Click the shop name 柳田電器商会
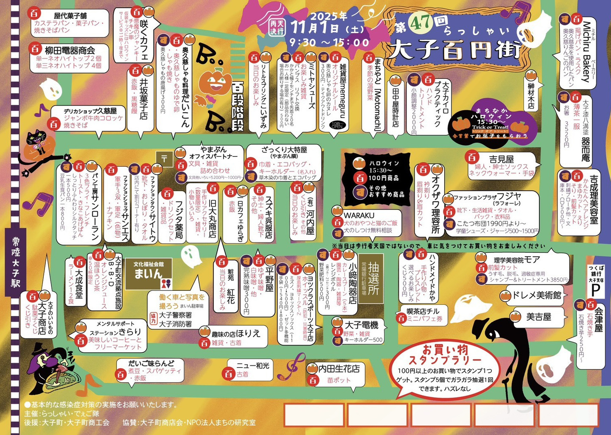(70, 50)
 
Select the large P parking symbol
(595, 290)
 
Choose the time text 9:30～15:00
(329, 42)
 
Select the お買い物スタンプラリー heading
(445, 355)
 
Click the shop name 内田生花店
(339, 369)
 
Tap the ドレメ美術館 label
(536, 295)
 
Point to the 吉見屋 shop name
(501, 159)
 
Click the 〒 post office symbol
(164, 159)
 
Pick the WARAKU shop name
(359, 215)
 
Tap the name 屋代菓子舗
(70, 15)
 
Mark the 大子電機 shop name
(361, 325)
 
